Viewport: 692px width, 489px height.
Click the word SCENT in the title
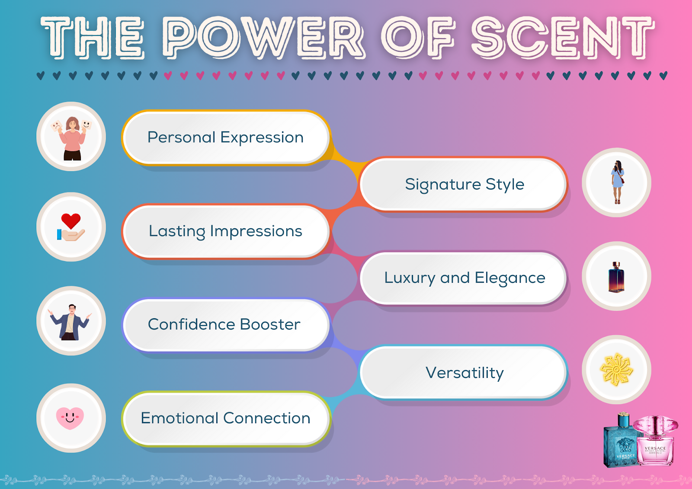[x=562, y=38]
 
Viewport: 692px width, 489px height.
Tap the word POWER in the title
[x=264, y=38]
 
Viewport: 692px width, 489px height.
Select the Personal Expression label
[x=225, y=137]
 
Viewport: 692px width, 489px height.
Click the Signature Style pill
[x=464, y=184]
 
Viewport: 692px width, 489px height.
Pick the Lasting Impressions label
[x=225, y=231]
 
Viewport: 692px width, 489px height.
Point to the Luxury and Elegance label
[x=464, y=278]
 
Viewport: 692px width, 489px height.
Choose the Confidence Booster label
[x=224, y=324]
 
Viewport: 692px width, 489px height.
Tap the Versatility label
[x=464, y=373]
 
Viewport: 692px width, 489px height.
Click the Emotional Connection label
[x=225, y=418]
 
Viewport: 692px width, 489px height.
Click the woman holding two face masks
[x=72, y=137]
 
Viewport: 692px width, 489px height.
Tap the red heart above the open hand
[x=71, y=221]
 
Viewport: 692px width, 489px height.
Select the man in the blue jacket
[x=70, y=322]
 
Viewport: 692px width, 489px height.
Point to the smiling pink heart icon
[x=70, y=418]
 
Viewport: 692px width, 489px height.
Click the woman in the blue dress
[x=617, y=182]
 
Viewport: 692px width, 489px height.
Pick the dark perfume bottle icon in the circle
[x=616, y=277]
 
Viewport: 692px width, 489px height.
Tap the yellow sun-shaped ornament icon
[x=616, y=370]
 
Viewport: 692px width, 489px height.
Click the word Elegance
[x=510, y=278]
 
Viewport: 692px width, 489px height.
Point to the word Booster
[x=270, y=324]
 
